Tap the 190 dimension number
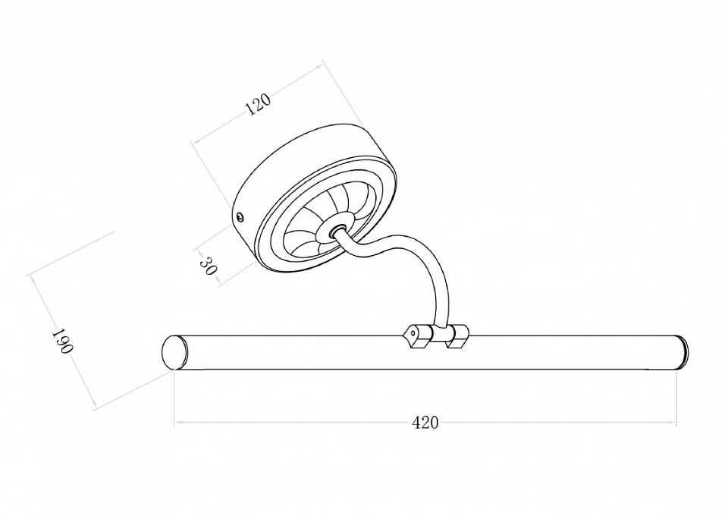[61, 342]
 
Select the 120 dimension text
[258, 105]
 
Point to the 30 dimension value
[209, 266]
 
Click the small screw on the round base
[240, 216]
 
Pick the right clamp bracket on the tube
[458, 336]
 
